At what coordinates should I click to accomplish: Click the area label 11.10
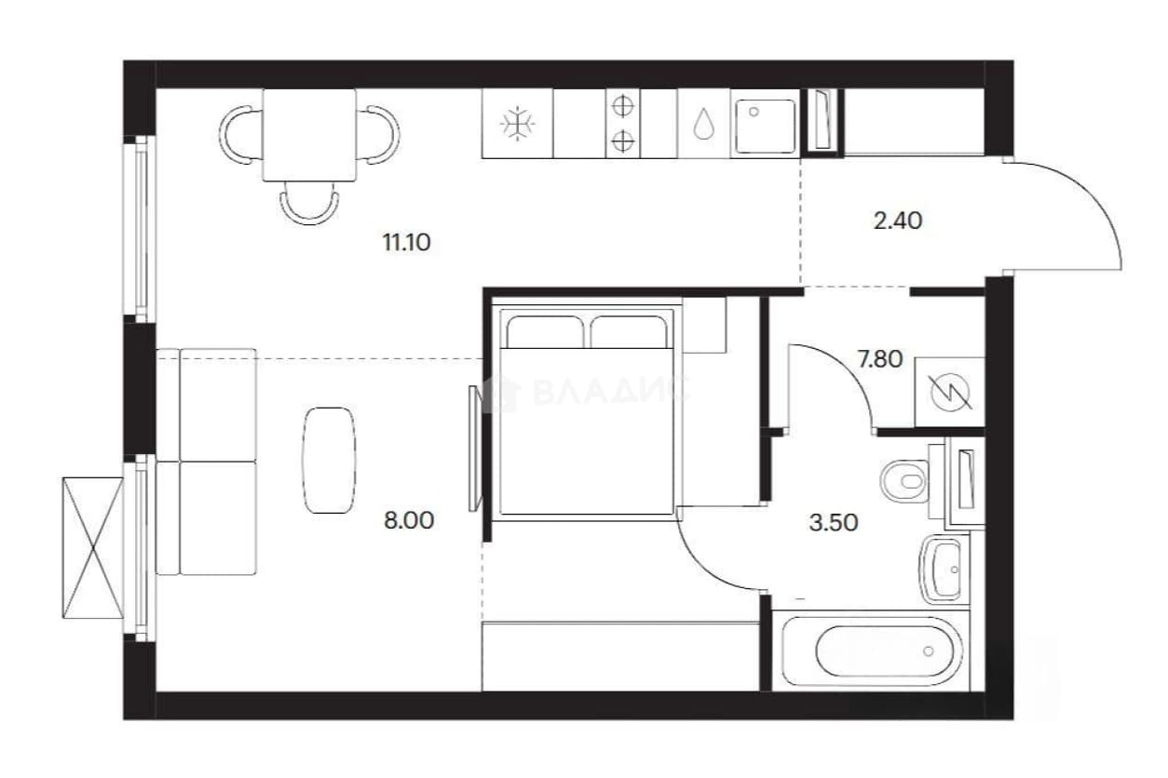point(407,243)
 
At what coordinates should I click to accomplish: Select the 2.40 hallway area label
point(898,221)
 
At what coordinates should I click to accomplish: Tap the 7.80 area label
point(880,359)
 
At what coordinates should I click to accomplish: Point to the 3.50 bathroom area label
point(834,523)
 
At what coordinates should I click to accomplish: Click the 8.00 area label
point(409,520)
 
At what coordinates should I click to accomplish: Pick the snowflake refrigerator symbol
point(517,124)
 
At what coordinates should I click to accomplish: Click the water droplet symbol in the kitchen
point(704,124)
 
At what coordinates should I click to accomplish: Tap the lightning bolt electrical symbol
point(950,392)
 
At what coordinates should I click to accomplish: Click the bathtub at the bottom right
point(872,651)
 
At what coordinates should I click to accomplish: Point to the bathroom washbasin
point(944,570)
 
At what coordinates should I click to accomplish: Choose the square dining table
point(310,135)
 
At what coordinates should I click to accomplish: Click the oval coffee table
point(329,460)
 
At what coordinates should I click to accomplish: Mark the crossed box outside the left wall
point(93,548)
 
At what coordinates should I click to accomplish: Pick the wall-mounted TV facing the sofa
point(475,449)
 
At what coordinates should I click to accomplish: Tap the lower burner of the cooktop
point(622,141)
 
